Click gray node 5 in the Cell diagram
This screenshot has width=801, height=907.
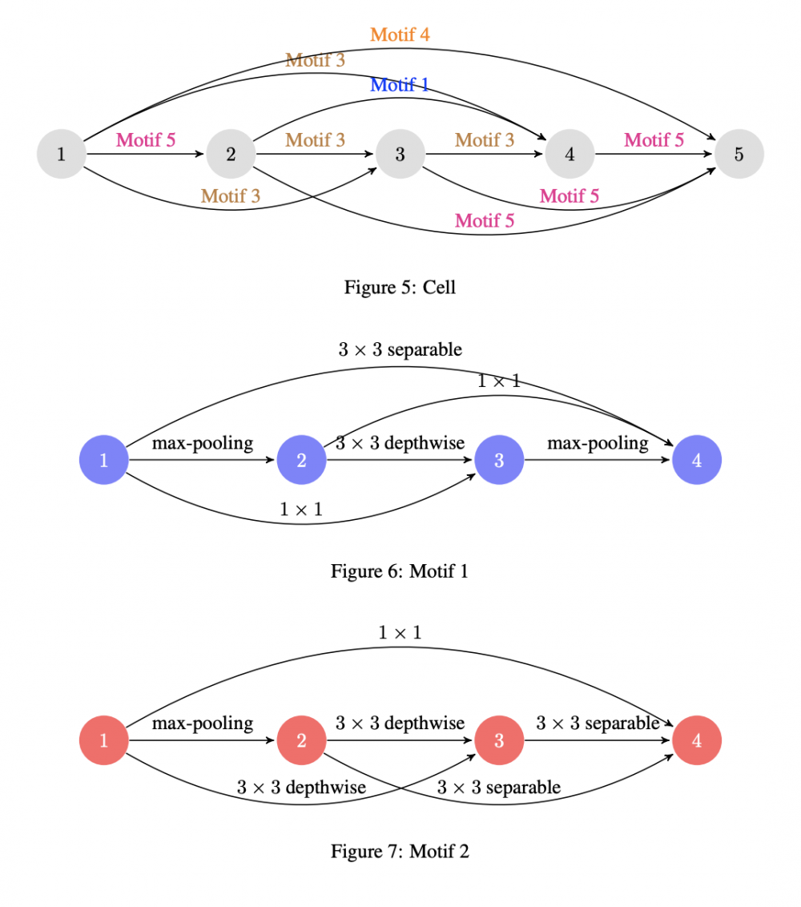(739, 154)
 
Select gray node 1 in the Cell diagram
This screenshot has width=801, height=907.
(62, 154)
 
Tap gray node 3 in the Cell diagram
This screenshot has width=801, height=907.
(400, 154)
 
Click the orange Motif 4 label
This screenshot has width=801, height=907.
(400, 35)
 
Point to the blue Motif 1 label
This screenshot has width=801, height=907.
(400, 85)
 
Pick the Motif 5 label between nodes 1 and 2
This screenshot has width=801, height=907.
(146, 140)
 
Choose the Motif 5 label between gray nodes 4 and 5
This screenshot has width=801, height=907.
(654, 140)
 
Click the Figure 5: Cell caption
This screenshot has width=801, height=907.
(400, 287)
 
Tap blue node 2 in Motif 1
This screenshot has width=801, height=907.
(301, 460)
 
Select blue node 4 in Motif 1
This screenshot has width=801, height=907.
(697, 460)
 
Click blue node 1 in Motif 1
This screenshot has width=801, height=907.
(103, 460)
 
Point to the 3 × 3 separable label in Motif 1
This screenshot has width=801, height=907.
(400, 350)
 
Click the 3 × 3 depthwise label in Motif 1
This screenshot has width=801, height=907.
(400, 443)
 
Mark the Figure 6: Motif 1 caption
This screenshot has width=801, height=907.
(400, 571)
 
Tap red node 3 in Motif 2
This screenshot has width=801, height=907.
(499, 740)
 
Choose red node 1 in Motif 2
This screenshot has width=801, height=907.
(103, 740)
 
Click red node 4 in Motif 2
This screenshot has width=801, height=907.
(697, 740)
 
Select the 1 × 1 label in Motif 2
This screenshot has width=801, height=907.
(400, 633)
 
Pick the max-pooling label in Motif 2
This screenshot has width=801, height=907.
(203, 724)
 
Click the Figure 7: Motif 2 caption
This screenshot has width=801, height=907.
(400, 852)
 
